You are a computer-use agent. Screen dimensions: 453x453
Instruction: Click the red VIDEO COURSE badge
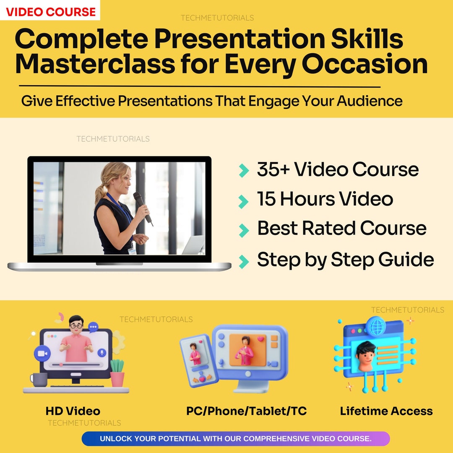point(50,11)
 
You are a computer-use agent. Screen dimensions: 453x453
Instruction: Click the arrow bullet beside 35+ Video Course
point(243,170)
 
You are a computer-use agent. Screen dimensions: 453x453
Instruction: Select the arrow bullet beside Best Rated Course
point(243,230)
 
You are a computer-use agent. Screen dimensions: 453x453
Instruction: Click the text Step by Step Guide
point(345,260)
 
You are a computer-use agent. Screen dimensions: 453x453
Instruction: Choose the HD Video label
point(73,411)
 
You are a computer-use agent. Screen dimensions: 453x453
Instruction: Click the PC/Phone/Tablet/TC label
point(246,411)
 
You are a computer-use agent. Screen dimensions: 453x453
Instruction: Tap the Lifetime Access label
point(386,411)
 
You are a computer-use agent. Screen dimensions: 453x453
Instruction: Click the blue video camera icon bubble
point(42,353)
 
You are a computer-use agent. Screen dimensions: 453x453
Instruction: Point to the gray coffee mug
point(39,379)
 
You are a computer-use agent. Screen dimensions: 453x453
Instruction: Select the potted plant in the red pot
point(117,373)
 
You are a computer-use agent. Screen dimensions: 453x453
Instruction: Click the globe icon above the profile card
point(374,325)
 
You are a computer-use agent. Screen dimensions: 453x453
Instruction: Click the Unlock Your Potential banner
point(235,439)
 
